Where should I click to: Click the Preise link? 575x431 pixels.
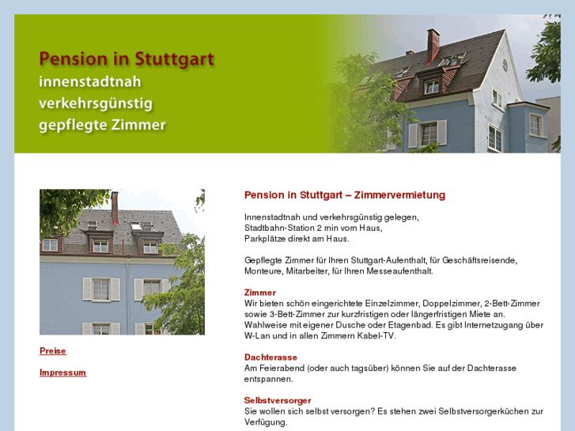point(53,350)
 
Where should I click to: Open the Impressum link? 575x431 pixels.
point(62,372)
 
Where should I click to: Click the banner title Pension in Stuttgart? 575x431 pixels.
point(127,59)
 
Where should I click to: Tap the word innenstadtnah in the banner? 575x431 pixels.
point(90,81)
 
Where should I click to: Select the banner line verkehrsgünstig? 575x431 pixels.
point(96,103)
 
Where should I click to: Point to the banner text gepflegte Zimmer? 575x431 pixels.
point(103,125)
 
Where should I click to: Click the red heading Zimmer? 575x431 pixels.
point(260,293)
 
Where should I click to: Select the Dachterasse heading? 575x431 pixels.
point(270,357)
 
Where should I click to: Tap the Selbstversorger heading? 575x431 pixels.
point(278,400)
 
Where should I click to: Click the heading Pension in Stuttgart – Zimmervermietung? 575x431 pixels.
point(345,195)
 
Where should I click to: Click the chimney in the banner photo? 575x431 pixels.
point(433,45)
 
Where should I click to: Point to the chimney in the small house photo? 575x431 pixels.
point(115,207)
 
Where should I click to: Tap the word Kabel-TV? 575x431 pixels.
point(374,336)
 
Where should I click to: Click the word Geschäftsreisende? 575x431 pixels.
point(482,260)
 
